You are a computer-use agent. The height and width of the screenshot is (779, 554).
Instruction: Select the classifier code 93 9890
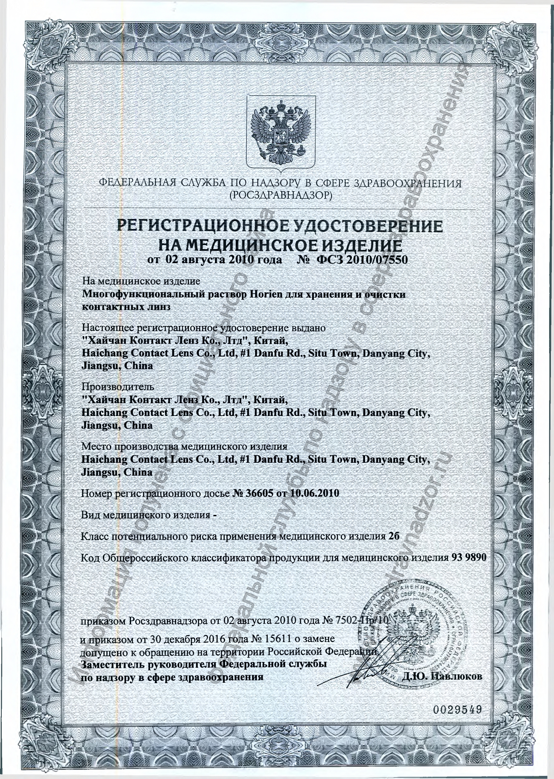pos(469,558)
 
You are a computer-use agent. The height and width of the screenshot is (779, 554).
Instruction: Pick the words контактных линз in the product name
pos(126,307)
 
